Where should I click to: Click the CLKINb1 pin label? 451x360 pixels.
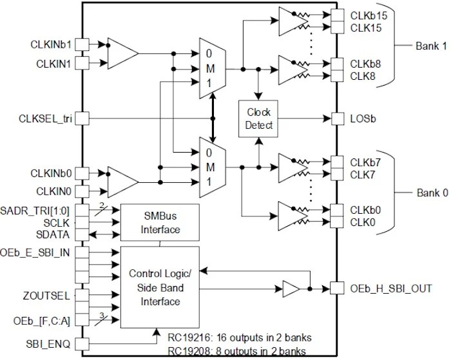tap(50, 44)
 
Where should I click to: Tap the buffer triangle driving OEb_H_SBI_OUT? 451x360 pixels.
tap(291, 289)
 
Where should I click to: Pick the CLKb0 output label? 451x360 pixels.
tap(362, 210)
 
